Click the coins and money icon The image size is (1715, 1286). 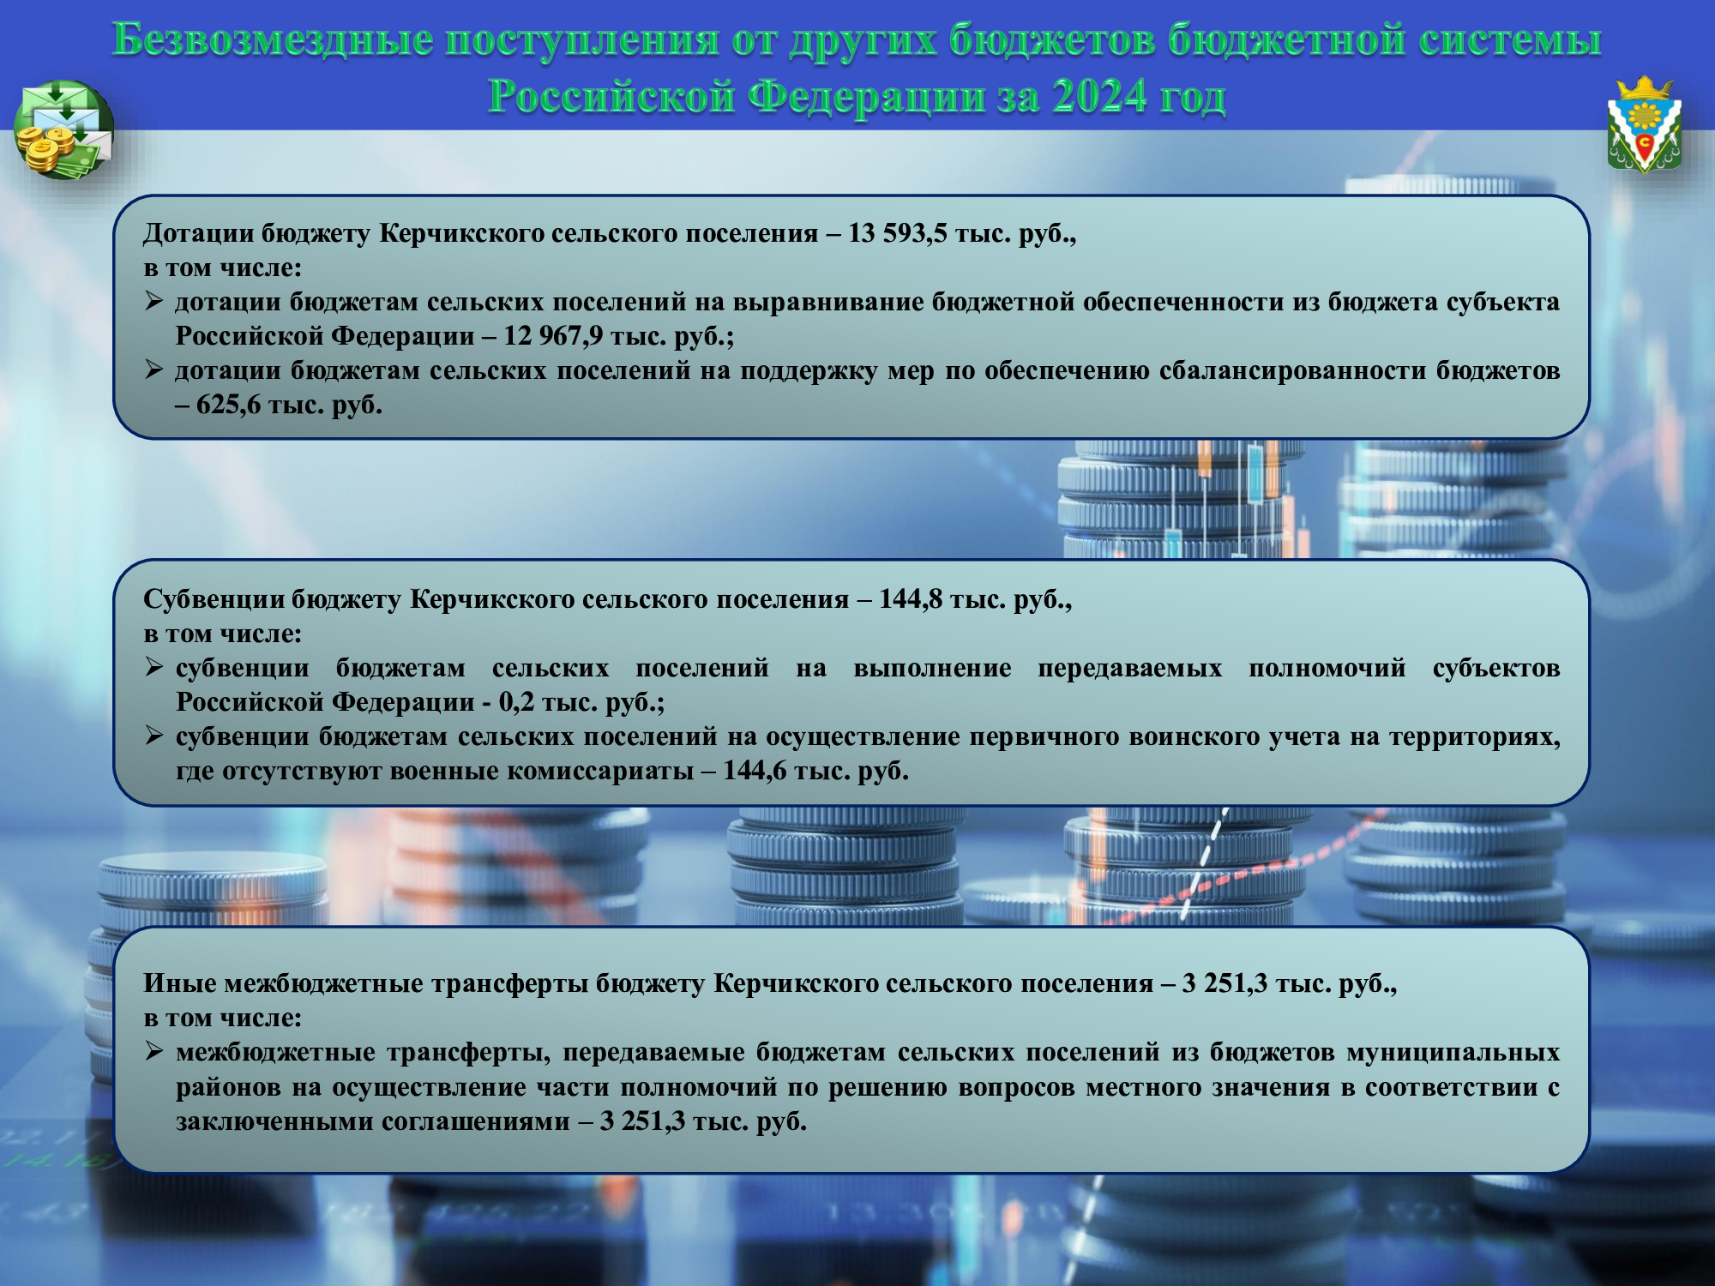click(64, 129)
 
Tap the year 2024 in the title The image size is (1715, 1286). click(1100, 96)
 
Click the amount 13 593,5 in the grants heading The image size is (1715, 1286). click(897, 233)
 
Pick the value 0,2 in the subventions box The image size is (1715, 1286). click(516, 702)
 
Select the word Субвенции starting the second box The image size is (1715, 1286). click(214, 598)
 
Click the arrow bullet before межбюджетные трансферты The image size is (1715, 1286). click(153, 1051)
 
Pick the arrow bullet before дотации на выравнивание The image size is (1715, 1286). click(153, 301)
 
